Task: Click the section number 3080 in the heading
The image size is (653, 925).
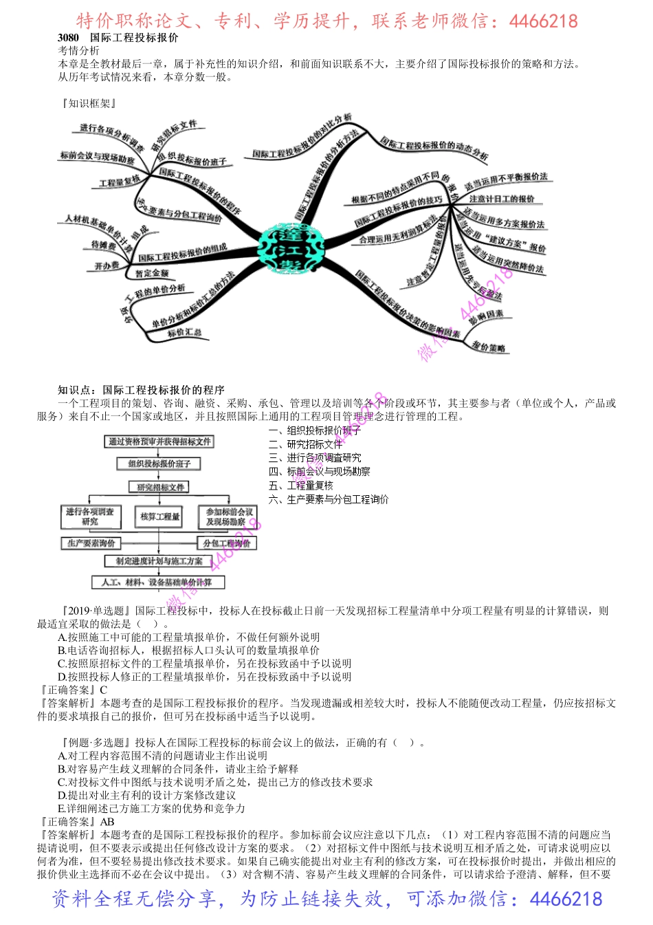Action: [68, 38]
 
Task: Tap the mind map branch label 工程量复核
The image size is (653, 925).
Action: [120, 182]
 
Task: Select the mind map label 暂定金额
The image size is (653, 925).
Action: [152, 273]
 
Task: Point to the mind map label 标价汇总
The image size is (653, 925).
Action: [184, 333]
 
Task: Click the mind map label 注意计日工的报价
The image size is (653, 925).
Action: [502, 199]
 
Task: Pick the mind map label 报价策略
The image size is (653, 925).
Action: [488, 347]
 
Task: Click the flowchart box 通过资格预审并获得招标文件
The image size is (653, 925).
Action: [159, 442]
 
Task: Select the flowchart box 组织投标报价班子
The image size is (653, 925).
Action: [159, 464]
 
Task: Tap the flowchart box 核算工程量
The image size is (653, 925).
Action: [159, 516]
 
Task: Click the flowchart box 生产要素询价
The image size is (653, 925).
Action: [91, 543]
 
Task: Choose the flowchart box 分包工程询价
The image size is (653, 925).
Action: [227, 543]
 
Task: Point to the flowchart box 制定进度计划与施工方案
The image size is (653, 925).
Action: [159, 562]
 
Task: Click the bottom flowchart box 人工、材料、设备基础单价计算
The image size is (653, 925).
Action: [157, 583]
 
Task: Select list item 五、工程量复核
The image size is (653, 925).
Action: [300, 486]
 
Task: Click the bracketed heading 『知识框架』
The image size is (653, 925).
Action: [89, 104]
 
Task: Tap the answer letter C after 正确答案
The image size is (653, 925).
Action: [104, 690]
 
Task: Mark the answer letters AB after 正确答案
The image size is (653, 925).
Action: [107, 822]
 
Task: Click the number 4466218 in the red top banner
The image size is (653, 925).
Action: [543, 21]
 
